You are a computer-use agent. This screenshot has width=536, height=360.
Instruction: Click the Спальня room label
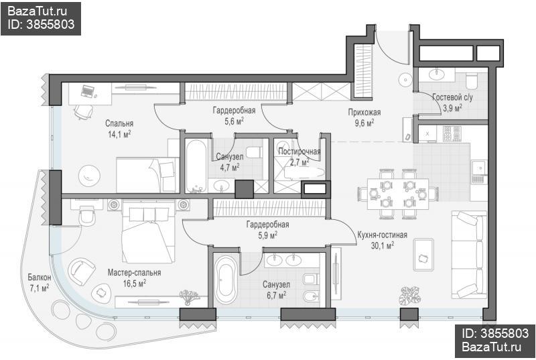(119, 123)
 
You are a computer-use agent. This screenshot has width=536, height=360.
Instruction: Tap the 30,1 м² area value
(382, 245)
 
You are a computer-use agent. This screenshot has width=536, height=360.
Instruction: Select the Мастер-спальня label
(135, 272)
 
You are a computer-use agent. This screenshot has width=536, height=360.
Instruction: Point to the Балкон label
(40, 277)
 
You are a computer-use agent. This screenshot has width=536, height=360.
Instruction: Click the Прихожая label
(364, 112)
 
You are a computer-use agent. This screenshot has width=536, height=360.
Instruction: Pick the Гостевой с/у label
(453, 97)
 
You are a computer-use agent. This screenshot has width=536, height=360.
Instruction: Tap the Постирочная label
(299, 151)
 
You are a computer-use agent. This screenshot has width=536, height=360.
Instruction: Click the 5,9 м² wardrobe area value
(267, 235)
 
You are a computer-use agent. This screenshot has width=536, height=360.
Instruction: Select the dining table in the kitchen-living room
(398, 194)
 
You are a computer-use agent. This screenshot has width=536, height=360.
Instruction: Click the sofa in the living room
(469, 254)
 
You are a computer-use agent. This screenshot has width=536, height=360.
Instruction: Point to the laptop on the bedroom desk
(88, 91)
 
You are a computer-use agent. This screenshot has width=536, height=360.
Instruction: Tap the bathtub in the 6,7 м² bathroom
(226, 281)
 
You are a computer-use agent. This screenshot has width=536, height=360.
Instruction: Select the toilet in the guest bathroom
(472, 80)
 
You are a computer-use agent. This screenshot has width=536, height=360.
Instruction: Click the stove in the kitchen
(452, 133)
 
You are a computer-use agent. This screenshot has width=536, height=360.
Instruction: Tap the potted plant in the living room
(410, 296)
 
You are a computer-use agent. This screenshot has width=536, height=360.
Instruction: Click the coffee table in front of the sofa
(423, 255)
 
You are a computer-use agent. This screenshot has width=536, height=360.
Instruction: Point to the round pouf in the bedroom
(89, 176)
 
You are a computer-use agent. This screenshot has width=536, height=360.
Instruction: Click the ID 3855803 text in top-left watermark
(41, 24)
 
